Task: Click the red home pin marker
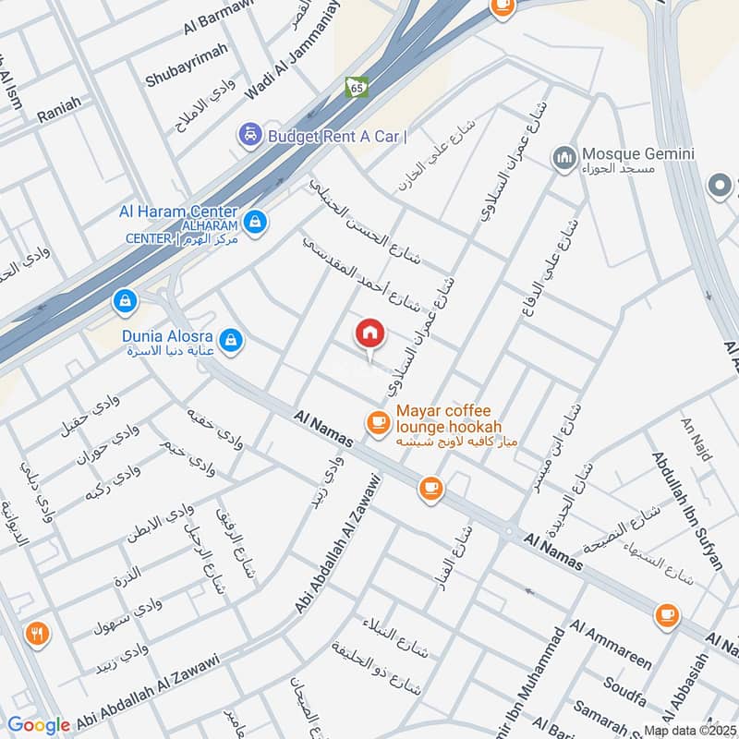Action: click(369, 334)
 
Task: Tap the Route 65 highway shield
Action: click(356, 87)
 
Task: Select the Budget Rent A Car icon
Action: click(248, 136)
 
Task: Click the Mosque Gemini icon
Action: click(564, 160)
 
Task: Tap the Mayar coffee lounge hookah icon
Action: click(377, 422)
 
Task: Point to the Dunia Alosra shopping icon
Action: click(234, 339)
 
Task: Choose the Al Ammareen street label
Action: click(612, 644)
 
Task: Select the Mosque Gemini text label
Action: click(632, 153)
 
